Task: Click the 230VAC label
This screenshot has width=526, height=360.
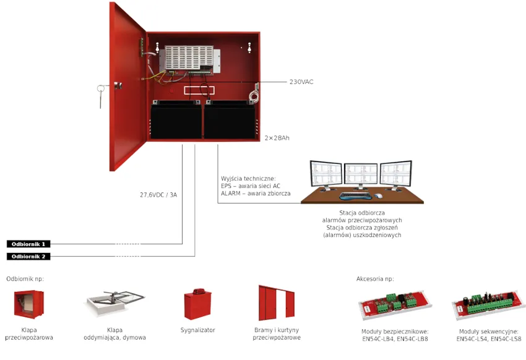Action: pos(301,82)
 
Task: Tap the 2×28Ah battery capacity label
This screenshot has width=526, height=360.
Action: pos(277,138)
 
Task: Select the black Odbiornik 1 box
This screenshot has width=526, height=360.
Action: pos(28,244)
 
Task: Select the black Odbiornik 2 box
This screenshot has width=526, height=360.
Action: pos(28,257)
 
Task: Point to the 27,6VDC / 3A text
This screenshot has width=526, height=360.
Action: pos(158,195)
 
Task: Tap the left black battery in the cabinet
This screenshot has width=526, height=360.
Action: pos(176,120)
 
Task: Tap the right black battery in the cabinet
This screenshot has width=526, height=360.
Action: pos(230,120)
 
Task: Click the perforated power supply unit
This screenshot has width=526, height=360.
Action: pos(189,59)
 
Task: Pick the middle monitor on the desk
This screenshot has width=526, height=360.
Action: pos(361,175)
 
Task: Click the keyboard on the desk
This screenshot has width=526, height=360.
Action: pos(355,195)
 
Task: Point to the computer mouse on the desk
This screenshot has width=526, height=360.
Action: pos(378,195)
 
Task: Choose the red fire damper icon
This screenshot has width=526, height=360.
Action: pos(29,304)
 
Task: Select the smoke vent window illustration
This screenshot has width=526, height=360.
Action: pos(114,303)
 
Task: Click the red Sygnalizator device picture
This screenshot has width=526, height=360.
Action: pos(197,304)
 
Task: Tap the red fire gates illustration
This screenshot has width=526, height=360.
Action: pos(277,303)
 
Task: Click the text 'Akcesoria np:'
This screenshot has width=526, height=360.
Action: pos(375,279)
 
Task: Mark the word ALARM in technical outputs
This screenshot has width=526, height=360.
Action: pos(230,194)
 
